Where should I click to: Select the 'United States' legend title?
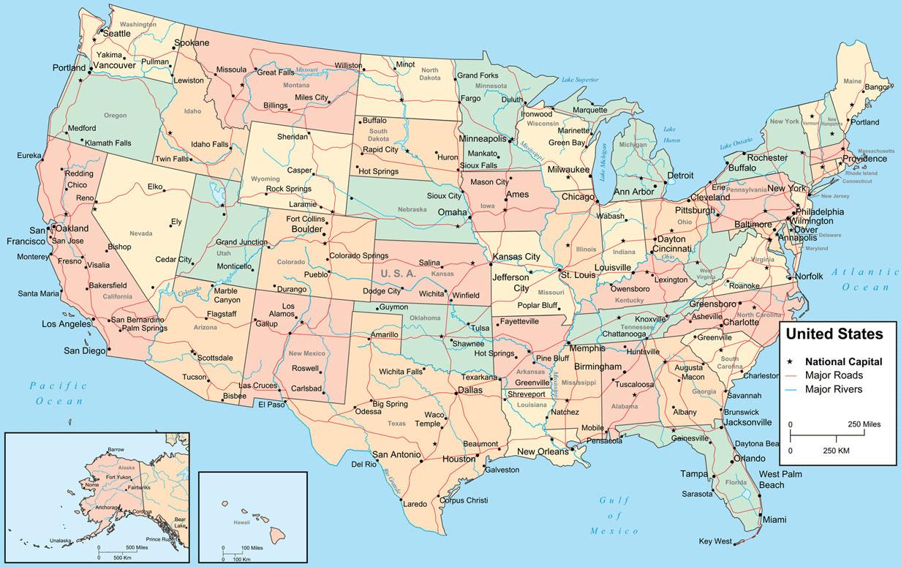pyautogui.click(x=834, y=334)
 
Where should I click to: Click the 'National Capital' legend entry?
pyautogui.click(x=843, y=361)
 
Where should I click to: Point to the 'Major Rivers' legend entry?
pyautogui.click(x=834, y=389)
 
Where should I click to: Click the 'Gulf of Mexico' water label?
pyautogui.click(x=614, y=515)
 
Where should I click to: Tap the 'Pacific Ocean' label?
pyautogui.click(x=58, y=393)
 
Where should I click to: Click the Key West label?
pyautogui.click(x=715, y=541)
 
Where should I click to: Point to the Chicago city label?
pyautogui.click(x=578, y=197)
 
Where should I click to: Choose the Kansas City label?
pyautogui.click(x=516, y=257)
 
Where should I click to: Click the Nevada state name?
pyautogui.click(x=140, y=233)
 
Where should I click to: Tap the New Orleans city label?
pyautogui.click(x=543, y=451)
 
